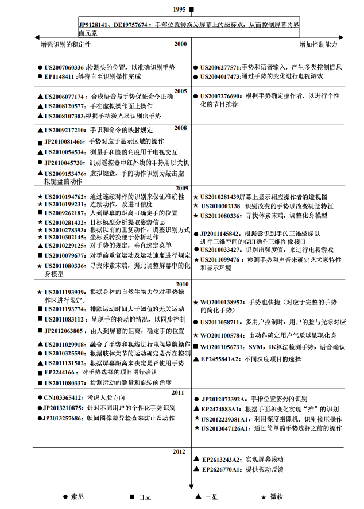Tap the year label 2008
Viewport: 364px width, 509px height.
coord(181,128)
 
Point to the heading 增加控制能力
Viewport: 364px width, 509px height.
coord(318,44)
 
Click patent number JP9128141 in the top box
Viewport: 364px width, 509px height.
coord(95,26)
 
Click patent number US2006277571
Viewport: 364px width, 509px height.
coord(220,67)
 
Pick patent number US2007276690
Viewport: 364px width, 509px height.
coord(221,96)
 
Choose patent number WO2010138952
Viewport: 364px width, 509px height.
coord(223,301)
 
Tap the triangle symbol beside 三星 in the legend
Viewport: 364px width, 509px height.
coord(199,496)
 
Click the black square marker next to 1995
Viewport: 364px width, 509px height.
coord(192,9)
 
